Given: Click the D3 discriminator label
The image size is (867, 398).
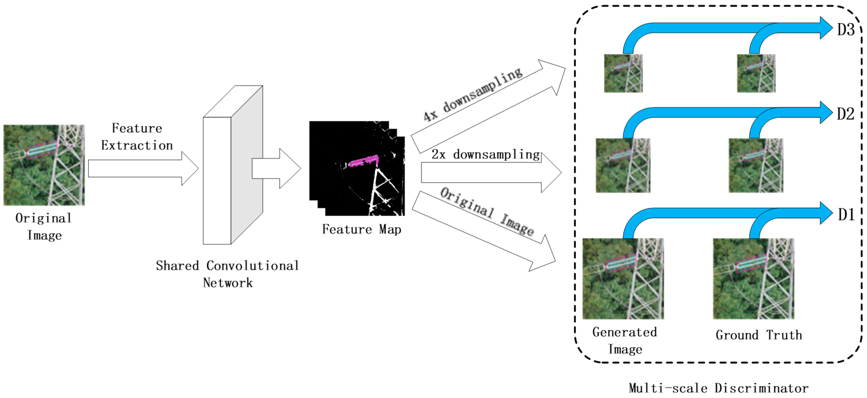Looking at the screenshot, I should click(x=845, y=30).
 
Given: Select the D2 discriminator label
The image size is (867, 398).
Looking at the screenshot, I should click(x=845, y=114).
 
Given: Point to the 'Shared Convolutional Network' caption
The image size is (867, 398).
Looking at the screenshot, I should click(x=227, y=274).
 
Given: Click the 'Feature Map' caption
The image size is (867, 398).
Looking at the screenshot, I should click(x=362, y=230).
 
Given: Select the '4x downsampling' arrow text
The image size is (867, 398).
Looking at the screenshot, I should click(x=473, y=95).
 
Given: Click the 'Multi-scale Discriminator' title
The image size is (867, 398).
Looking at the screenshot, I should click(x=718, y=388).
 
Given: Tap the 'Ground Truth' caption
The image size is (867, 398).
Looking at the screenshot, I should click(x=759, y=335).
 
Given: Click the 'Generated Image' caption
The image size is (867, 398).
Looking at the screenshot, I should click(x=625, y=340).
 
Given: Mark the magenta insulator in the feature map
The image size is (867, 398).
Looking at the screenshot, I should click(x=363, y=161).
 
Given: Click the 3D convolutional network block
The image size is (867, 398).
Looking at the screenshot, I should click(x=232, y=165).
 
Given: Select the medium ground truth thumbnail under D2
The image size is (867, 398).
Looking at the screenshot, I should click(x=756, y=165).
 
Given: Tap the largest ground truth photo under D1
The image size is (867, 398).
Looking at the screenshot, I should click(x=753, y=279).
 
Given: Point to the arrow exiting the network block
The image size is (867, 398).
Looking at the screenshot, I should click(x=276, y=168).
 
